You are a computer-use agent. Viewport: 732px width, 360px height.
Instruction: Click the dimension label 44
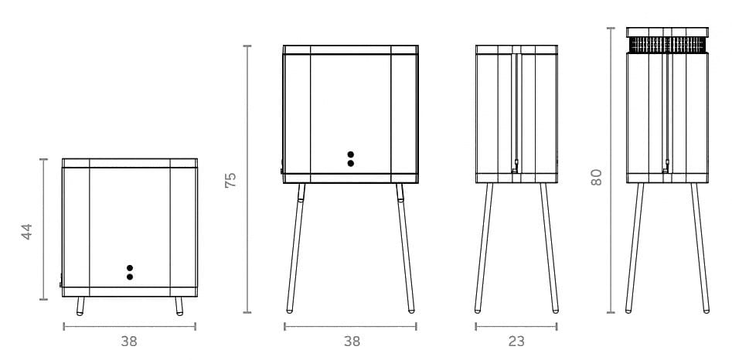click(27, 232)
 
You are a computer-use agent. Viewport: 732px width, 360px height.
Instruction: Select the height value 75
click(230, 180)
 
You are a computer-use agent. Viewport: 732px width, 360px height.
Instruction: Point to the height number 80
click(596, 177)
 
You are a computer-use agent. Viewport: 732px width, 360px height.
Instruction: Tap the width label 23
click(516, 341)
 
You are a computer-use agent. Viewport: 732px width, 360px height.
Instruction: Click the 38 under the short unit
click(129, 341)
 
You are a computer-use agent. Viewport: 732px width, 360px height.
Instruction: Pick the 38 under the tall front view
click(352, 341)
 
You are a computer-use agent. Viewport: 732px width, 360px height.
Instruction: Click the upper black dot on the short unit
click(130, 268)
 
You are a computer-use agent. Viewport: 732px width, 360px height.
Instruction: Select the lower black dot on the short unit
click(130, 277)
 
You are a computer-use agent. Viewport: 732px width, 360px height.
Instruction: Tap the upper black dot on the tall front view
click(351, 155)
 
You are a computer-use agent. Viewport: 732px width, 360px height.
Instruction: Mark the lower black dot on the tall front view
click(351, 163)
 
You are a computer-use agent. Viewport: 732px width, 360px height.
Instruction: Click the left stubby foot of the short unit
click(80, 306)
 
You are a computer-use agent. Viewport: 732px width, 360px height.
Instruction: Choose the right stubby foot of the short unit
click(179, 306)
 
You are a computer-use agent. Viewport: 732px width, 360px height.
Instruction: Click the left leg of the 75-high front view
click(295, 248)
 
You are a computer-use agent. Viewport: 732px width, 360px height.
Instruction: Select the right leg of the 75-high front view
click(405, 248)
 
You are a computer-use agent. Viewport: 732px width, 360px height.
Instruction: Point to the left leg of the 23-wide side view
click(483, 248)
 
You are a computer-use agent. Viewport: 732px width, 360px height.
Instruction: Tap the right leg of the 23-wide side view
click(550, 248)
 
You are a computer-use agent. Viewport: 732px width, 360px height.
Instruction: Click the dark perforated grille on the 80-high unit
click(667, 45)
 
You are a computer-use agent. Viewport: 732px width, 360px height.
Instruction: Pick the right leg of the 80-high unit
click(700, 248)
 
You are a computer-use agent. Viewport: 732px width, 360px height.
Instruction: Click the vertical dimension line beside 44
click(43, 229)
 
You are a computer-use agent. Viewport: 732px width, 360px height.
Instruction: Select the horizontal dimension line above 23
click(516, 327)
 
